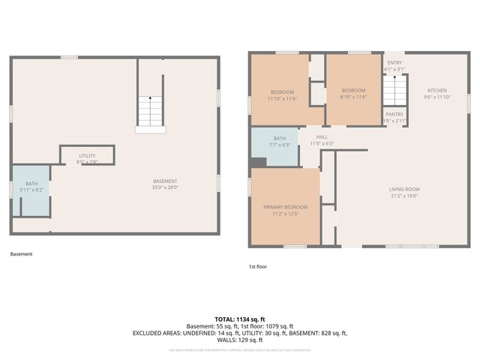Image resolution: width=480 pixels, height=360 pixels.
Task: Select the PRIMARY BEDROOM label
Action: [285, 206]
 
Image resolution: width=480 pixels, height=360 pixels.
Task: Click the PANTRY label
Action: [394, 114]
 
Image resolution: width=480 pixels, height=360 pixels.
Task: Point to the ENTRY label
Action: [394, 63]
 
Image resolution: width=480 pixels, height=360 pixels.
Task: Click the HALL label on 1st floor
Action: [322, 137]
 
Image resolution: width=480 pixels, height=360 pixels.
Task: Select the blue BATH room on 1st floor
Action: [274, 142]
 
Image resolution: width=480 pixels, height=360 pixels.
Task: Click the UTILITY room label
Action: [87, 156]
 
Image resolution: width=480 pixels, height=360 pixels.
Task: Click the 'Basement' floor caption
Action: [21, 253]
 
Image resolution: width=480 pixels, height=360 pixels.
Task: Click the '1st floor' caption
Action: [258, 266]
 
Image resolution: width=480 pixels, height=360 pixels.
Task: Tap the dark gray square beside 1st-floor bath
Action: [258, 162]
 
